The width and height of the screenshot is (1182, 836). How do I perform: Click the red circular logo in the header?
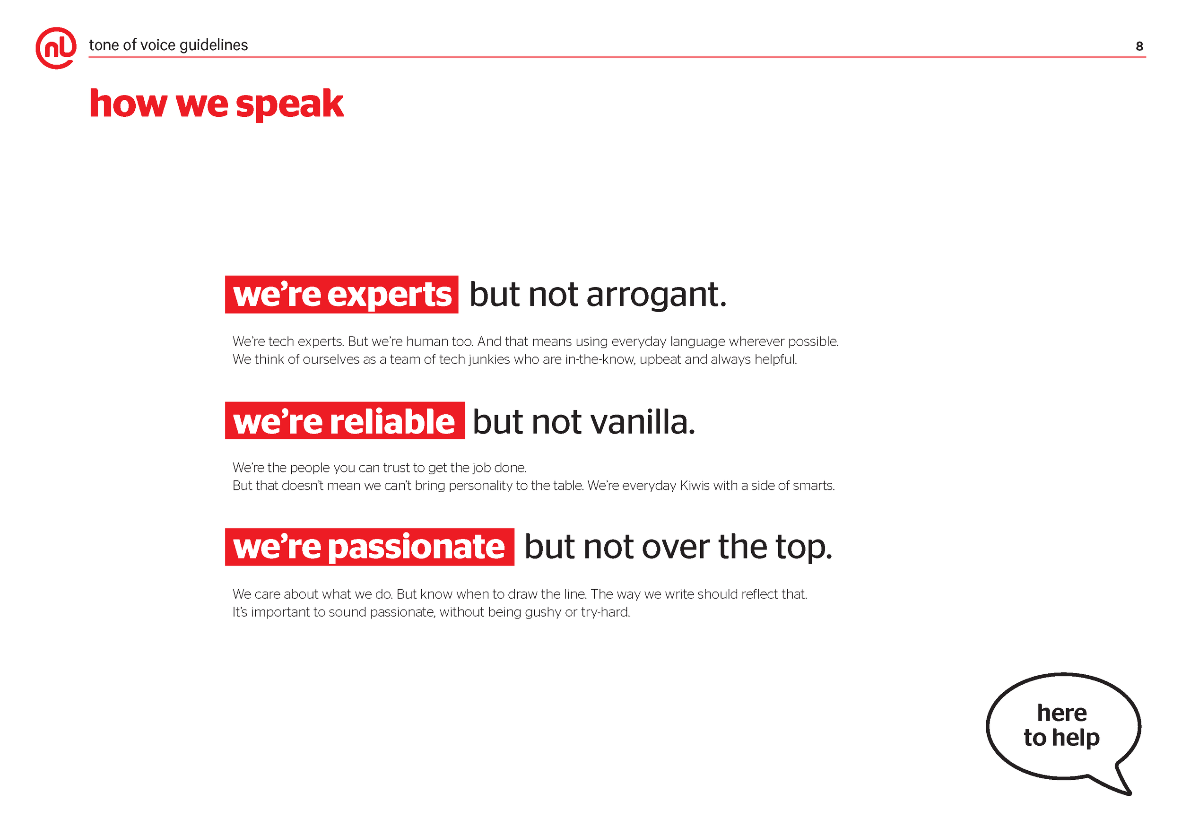click(56, 48)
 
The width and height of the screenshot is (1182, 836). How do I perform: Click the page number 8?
click(1139, 46)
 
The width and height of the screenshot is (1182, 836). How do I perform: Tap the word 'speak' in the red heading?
click(289, 104)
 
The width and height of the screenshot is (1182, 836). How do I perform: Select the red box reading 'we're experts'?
click(341, 295)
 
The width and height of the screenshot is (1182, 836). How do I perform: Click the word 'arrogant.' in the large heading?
click(656, 296)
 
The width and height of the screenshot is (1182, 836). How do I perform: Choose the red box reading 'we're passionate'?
click(369, 547)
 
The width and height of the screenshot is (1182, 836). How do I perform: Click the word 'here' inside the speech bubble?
click(1062, 713)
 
